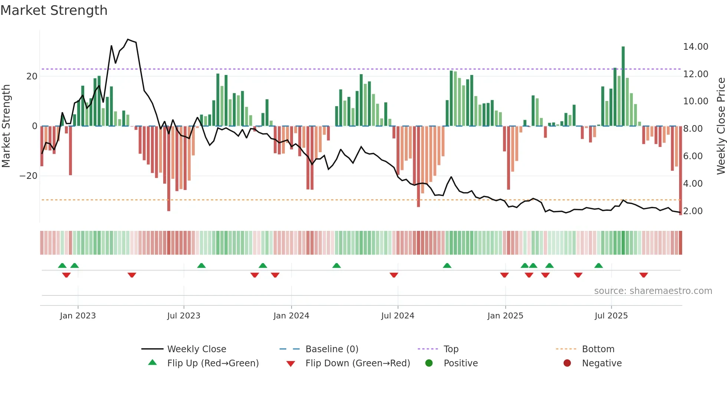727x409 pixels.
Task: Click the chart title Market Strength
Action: click(54, 10)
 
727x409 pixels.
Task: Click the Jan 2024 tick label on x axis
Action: click(291, 316)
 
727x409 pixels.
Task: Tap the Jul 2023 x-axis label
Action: click(184, 316)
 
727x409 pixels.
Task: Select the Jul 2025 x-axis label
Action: click(611, 316)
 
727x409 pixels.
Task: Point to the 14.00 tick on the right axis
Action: click(695, 47)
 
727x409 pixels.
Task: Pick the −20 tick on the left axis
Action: click(29, 176)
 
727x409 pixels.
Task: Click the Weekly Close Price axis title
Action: click(721, 126)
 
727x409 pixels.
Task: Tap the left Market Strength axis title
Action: click(6, 126)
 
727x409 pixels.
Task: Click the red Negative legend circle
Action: click(567, 363)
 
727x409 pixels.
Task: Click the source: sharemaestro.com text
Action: click(653, 291)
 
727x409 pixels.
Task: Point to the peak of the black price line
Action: click(128, 39)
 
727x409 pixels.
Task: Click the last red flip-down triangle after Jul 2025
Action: click(644, 275)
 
